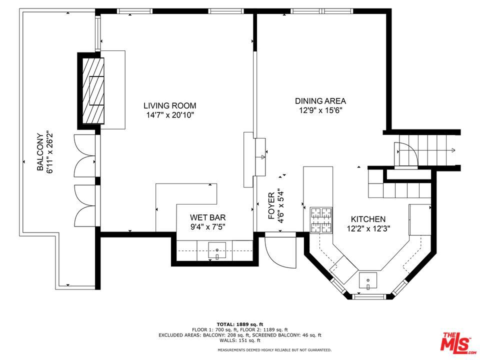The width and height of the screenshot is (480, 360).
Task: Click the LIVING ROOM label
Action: (169, 105)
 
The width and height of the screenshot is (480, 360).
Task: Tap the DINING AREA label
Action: (320, 101)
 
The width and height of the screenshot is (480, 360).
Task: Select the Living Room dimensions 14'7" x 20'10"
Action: (169, 115)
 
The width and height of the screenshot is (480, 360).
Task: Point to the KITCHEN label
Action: (367, 219)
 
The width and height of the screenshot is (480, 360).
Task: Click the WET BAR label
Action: (207, 217)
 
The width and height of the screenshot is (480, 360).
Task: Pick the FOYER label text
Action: (271, 206)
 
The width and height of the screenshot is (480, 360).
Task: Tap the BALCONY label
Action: (39, 152)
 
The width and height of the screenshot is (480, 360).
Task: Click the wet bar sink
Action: (217, 249)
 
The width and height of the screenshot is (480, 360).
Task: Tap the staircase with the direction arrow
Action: (427, 150)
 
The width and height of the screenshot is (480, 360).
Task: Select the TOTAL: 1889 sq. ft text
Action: (239, 324)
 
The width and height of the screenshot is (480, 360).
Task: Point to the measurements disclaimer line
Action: (274, 350)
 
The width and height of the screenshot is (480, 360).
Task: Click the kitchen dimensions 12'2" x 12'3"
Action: (367, 228)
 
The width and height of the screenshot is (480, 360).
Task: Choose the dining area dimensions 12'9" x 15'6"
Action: (320, 110)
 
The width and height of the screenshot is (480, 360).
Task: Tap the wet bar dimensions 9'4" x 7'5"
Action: (207, 227)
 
